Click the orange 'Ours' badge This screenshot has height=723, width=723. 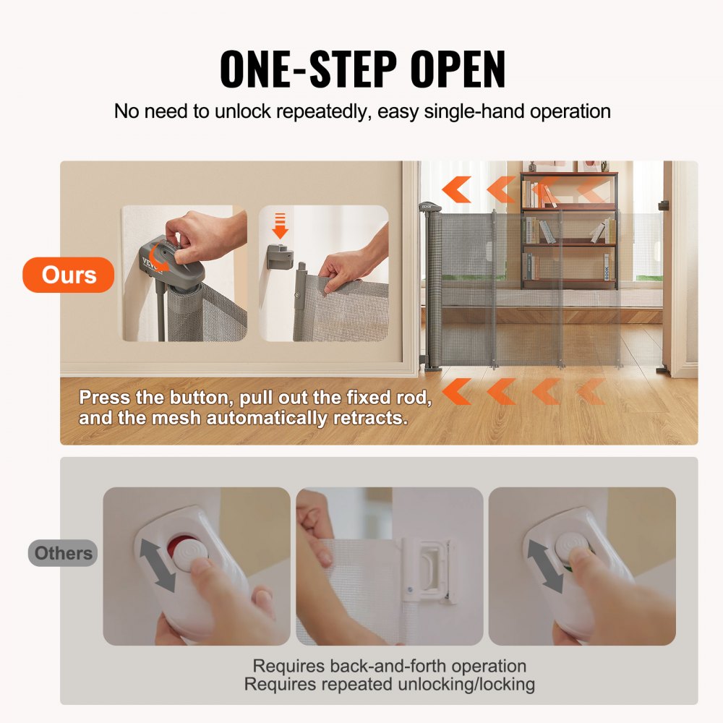pyautogui.click(x=69, y=275)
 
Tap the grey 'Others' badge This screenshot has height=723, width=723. pyautogui.click(x=63, y=553)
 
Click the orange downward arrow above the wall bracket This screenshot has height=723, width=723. pyautogui.click(x=280, y=226)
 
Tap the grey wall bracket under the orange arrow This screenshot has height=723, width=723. pyautogui.click(x=279, y=257)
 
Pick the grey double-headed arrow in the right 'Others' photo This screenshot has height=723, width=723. pyautogui.click(x=543, y=562)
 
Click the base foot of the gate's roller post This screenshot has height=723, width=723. pyautogui.click(x=432, y=367)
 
